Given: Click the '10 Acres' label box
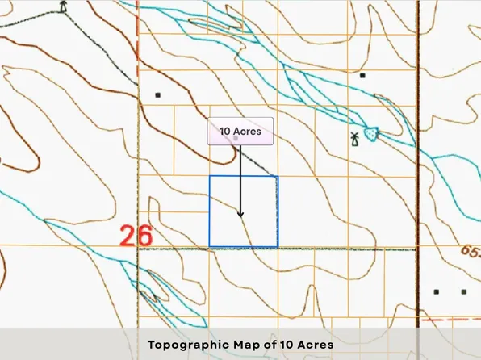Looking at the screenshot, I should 240,131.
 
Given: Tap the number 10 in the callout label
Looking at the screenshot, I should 226,131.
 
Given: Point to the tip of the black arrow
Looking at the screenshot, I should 240,216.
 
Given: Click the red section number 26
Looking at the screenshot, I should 136,237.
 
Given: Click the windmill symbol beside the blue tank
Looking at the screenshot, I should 353,139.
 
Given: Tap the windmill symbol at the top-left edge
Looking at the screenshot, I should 64,6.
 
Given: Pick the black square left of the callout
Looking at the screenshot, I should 158,95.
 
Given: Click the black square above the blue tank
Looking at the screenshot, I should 363,76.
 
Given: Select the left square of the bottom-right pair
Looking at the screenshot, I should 437,291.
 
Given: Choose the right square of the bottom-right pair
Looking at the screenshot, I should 463,291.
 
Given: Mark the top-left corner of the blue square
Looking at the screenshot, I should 210,177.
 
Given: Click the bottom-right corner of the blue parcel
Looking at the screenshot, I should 278,247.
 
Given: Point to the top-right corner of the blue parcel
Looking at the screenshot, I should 278,177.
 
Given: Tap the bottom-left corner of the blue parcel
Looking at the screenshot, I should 210,247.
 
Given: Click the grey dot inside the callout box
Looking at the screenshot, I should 236,139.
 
